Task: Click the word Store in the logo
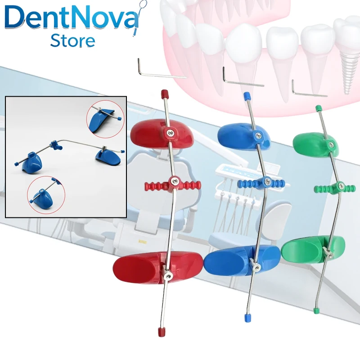(x=72, y=40)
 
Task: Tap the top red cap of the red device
(x=164, y=94)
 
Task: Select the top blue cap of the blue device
(x=246, y=95)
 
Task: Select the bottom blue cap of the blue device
(x=247, y=318)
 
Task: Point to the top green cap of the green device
(x=318, y=108)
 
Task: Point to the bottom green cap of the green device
(x=316, y=310)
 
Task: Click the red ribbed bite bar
(x=173, y=185)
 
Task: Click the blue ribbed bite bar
(x=261, y=183)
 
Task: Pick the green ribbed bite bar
(x=335, y=188)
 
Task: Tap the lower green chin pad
(x=313, y=250)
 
